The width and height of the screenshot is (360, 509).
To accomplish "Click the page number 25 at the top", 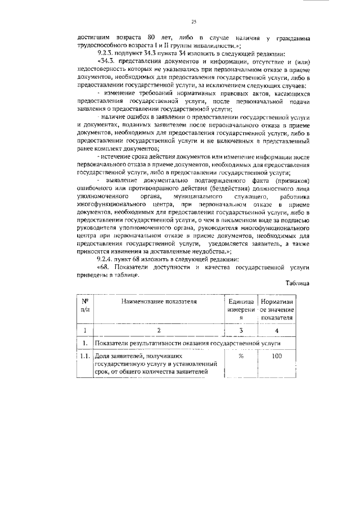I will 193,22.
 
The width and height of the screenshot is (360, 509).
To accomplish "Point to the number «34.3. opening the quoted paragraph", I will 107,60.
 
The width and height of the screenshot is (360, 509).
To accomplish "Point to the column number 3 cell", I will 240,330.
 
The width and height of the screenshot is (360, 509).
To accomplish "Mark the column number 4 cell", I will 276,330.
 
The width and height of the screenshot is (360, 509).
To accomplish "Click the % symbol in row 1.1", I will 240,356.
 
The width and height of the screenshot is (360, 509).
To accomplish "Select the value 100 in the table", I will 276,356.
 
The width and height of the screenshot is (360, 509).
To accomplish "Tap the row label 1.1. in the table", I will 85,356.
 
